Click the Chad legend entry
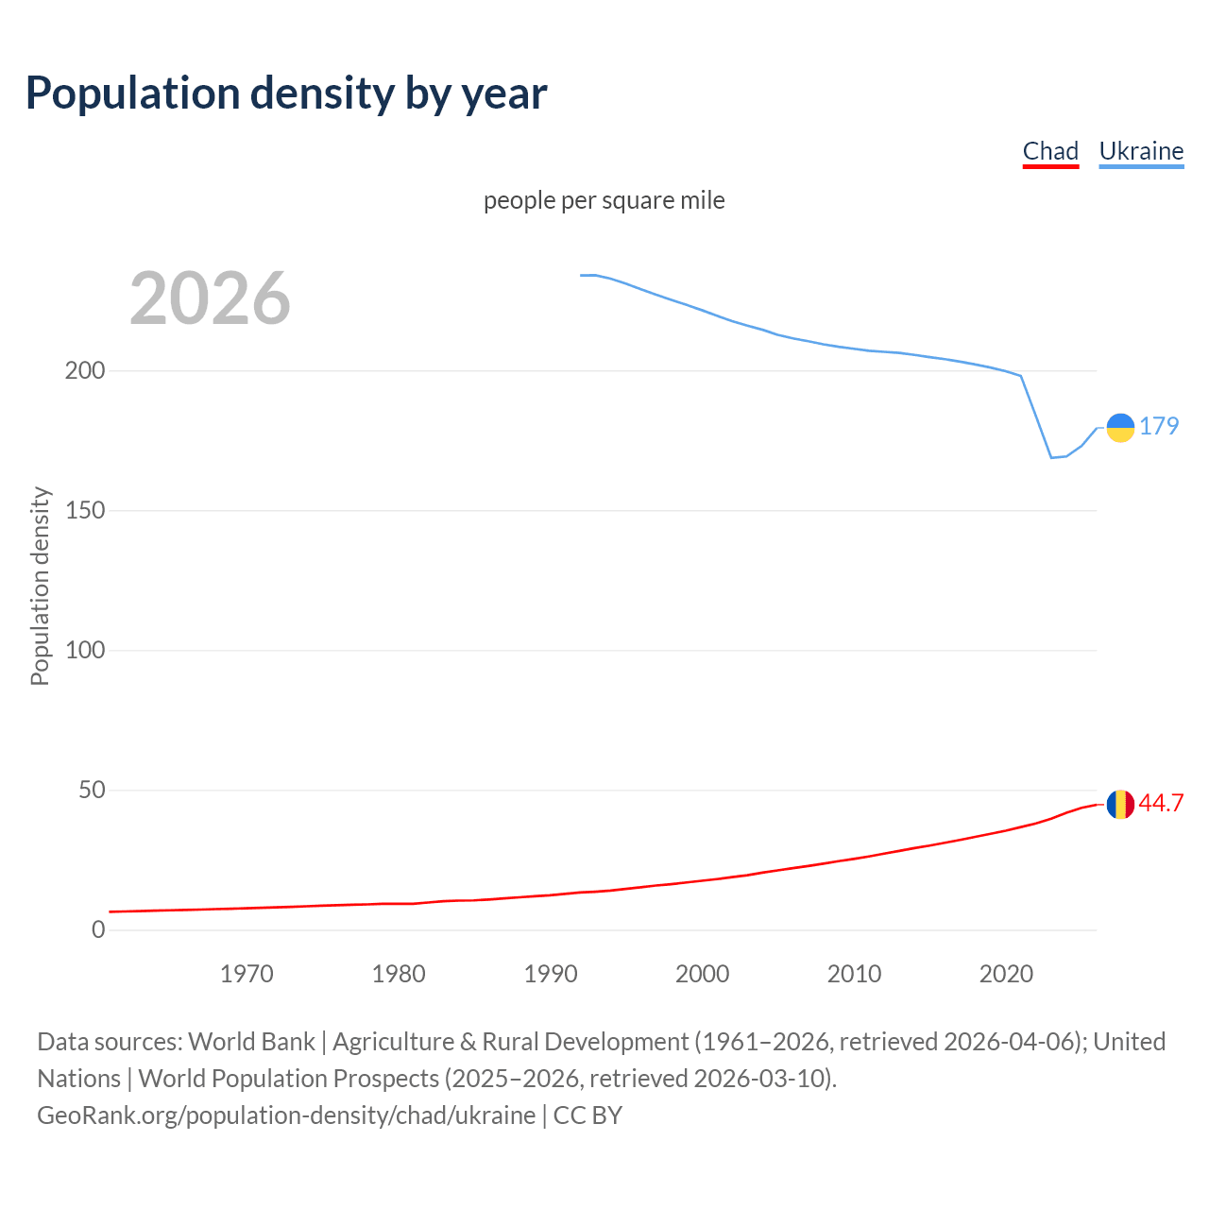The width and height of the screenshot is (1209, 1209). click(1050, 151)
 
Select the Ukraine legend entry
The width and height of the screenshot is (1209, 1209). click(1141, 151)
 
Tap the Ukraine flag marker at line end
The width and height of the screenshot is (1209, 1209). click(1120, 428)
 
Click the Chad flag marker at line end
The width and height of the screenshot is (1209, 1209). click(1120, 805)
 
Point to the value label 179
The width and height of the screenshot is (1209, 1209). click(1159, 426)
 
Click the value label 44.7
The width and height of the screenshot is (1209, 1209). click(1161, 803)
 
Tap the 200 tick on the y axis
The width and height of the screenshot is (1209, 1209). click(85, 370)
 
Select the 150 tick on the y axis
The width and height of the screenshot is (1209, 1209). click(85, 510)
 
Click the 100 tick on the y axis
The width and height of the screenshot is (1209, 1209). click(85, 650)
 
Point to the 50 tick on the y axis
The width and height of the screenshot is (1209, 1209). click(92, 790)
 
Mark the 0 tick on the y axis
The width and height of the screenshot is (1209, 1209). click(98, 929)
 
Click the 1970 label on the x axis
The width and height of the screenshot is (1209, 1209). click(247, 974)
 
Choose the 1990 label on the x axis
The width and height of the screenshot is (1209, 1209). click(551, 974)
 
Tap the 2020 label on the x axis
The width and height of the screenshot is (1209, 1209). click(1006, 974)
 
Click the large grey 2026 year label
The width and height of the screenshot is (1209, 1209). click(210, 298)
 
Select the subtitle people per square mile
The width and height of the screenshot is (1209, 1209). click(604, 200)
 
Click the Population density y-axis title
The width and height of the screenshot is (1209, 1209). click(40, 586)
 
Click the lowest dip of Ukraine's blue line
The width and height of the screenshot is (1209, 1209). click(1051, 457)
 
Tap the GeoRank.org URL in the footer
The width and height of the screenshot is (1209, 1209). click(286, 1115)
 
